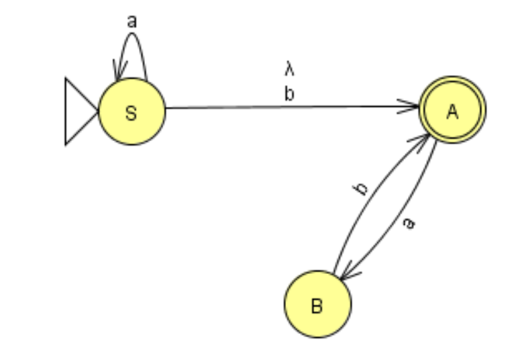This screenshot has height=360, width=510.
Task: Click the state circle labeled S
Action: coord(132,111)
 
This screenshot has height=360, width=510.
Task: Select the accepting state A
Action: coord(452,110)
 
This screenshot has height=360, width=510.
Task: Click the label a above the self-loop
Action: coord(132,21)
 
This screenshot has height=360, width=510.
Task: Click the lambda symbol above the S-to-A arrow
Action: coord(289,71)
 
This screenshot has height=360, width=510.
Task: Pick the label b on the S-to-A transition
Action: coord(289,94)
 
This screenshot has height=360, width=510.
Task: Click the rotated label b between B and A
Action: coord(362,187)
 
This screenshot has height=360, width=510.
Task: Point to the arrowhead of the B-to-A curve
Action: coord(425,139)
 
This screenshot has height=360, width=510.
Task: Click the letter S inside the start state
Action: coord(132,113)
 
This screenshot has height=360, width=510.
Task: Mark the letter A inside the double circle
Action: coord(452,111)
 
